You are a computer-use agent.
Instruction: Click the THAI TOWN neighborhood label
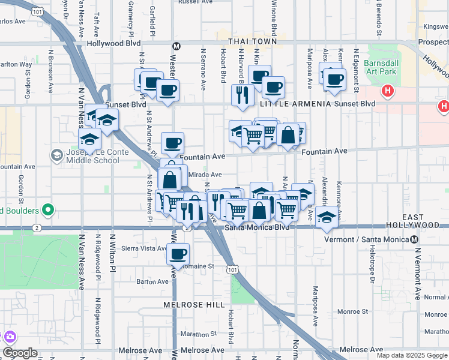pyautogui.click(x=252, y=41)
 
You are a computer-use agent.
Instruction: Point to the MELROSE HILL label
pyautogui.click(x=190, y=305)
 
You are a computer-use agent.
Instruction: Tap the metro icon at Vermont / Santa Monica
pyautogui.click(x=415, y=239)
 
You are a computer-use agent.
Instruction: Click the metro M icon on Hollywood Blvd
pyautogui.click(x=176, y=46)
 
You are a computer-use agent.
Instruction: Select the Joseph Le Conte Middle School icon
pyautogui.click(x=56, y=155)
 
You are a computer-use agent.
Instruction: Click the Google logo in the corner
pyautogui.click(x=20, y=353)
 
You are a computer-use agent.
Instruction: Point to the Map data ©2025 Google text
pyautogui.click(x=412, y=355)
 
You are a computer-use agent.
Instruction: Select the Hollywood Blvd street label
pyautogui.click(x=113, y=44)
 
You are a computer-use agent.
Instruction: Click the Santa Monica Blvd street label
pyautogui.click(x=257, y=227)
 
